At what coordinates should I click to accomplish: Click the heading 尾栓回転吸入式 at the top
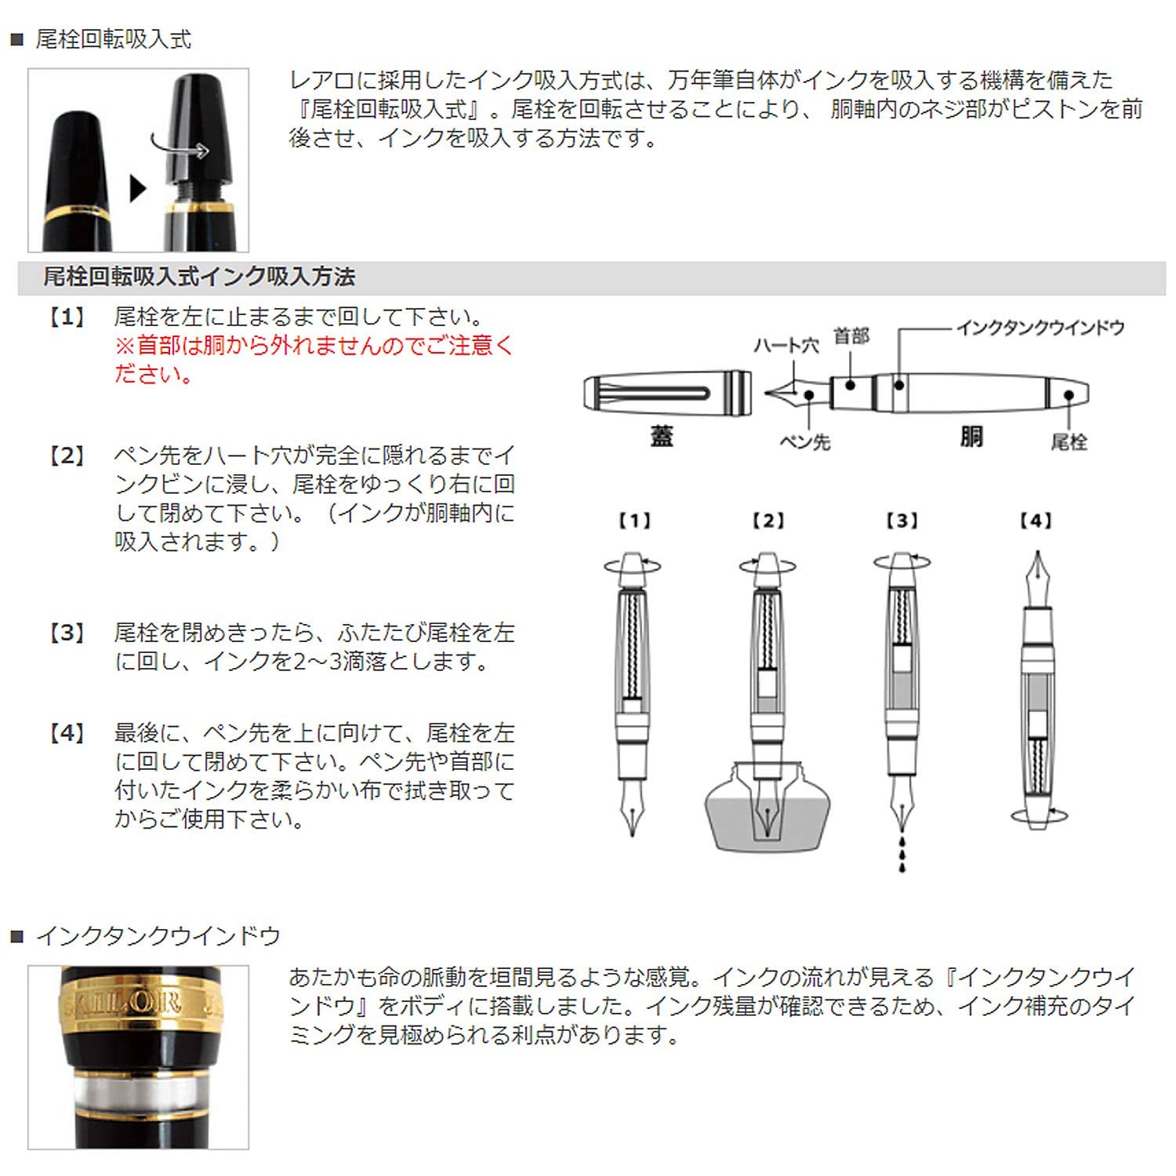[113, 39]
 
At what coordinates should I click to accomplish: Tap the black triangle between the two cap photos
[138, 188]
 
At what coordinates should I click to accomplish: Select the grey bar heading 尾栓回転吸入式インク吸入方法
[199, 277]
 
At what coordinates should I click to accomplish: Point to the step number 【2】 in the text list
[67, 456]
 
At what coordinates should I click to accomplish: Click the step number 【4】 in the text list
[67, 734]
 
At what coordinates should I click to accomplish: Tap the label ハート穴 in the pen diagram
[785, 345]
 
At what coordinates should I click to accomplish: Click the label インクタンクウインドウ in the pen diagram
[1040, 328]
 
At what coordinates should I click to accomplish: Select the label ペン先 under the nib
[804, 442]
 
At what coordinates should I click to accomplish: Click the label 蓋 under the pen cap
[662, 437]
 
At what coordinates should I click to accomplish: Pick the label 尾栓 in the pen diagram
[1069, 442]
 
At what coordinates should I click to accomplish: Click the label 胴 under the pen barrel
[971, 437]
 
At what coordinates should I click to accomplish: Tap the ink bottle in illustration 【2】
[768, 815]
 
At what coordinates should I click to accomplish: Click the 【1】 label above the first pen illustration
[633, 521]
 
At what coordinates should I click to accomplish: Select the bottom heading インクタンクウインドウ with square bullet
[157, 936]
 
